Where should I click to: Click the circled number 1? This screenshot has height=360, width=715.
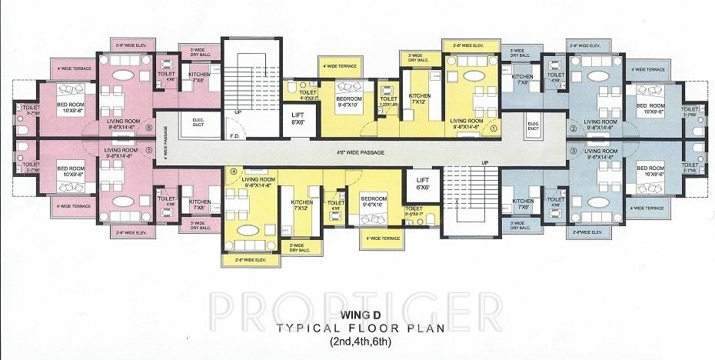coord(495,129)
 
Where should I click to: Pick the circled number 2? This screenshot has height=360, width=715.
coord(574,128)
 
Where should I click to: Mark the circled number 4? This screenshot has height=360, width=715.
coord(234,172)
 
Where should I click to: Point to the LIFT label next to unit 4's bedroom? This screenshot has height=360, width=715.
coord(423,183)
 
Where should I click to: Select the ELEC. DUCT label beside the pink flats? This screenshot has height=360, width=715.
coord(188,123)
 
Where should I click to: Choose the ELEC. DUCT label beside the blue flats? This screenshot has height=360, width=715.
coord(533,124)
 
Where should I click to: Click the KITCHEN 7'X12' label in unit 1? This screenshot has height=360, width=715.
coord(418,99)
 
